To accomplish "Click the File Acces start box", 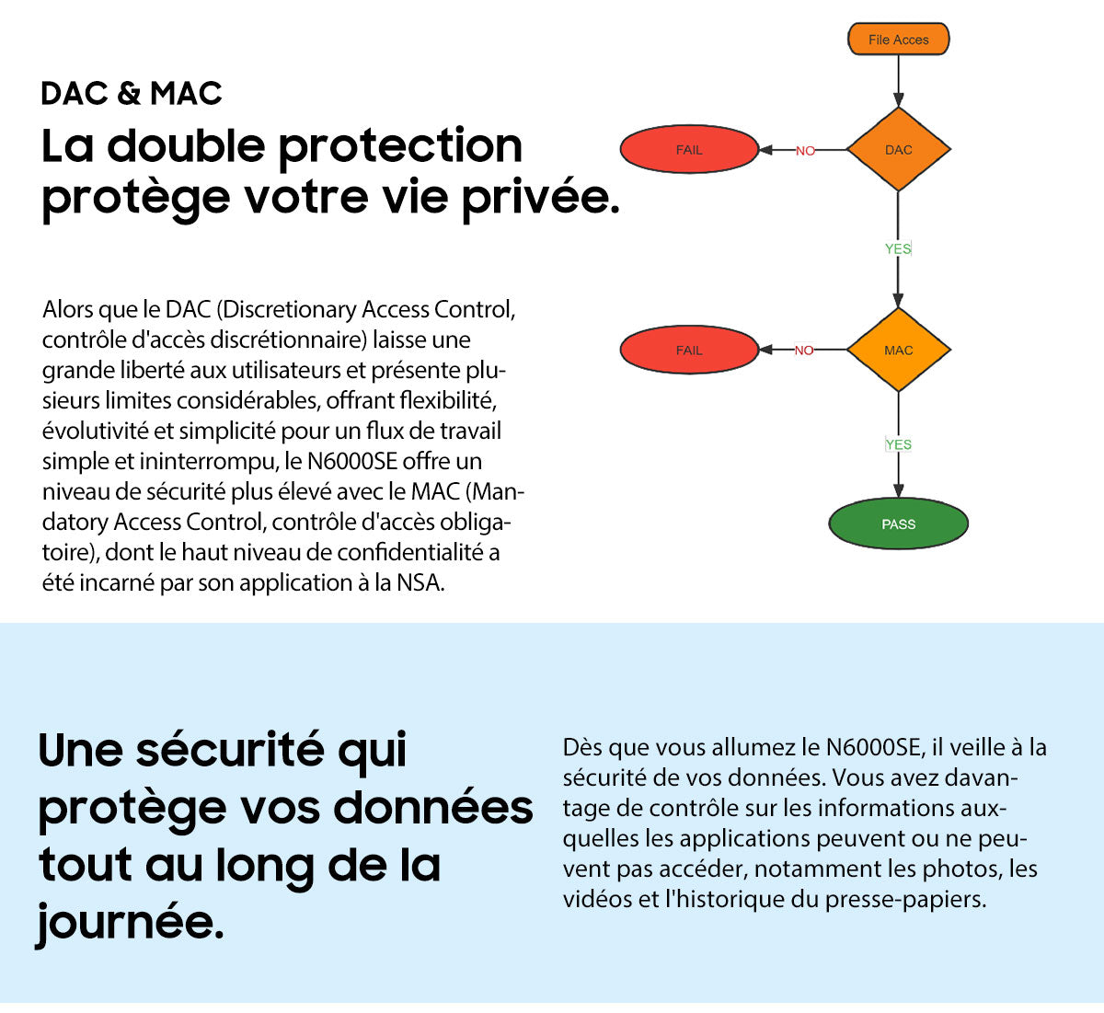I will [898, 40].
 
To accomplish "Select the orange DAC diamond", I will [898, 150].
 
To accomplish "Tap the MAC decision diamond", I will [898, 350].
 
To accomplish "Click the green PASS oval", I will [898, 524].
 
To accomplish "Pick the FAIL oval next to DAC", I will [689, 150].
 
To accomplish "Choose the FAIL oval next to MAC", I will [689, 350].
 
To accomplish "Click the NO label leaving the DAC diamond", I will [805, 151].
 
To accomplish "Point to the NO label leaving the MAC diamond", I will [804, 351].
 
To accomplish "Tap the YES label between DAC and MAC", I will [898, 248].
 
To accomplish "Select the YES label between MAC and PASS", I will [898, 444].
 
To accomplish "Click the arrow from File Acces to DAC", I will [898, 82].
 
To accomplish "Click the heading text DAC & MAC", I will [132, 93].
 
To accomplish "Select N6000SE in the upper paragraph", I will [351, 461].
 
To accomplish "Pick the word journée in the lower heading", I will [130, 921].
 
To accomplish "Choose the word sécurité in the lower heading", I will [229, 750].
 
